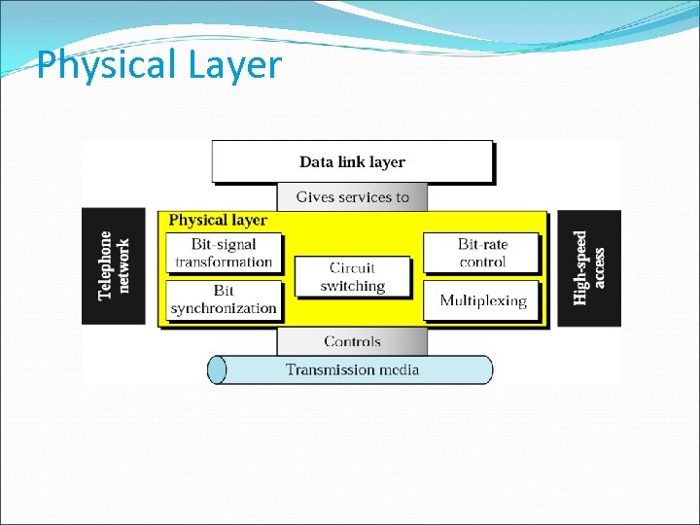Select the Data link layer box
tap(352, 161)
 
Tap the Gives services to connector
tap(352, 197)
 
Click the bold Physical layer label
tap(217, 221)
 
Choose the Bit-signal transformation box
tap(224, 253)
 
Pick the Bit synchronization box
tap(224, 299)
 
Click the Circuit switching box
tap(353, 277)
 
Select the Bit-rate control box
tap(482, 253)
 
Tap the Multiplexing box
tap(482, 300)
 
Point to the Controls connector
tap(352, 341)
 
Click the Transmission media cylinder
tap(352, 369)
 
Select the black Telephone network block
tap(114, 266)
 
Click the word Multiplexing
tap(482, 300)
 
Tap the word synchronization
tap(224, 308)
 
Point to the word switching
tap(353, 287)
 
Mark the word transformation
tap(224, 262)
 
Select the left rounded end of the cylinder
tap(218, 369)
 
